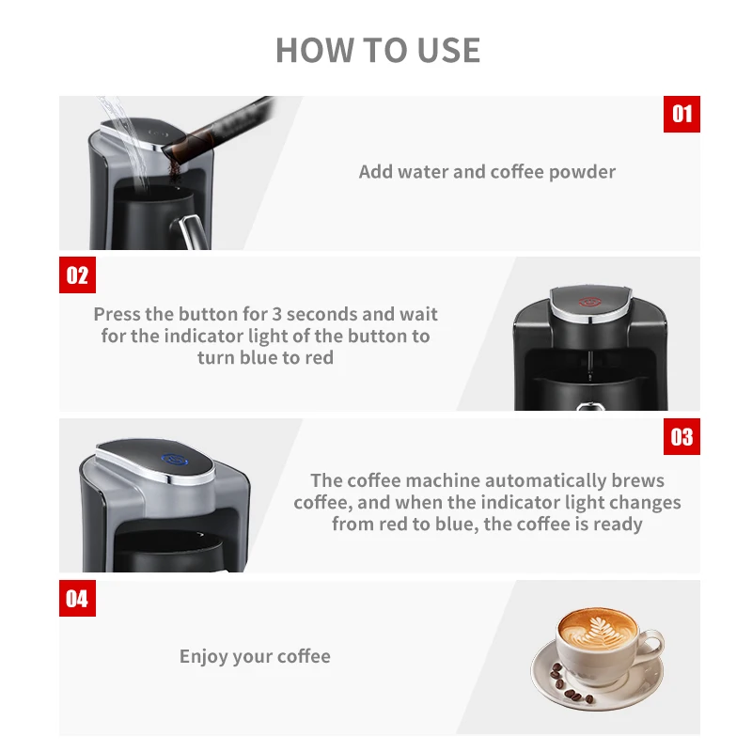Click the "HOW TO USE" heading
coord(378,50)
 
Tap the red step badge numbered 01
coord(681,114)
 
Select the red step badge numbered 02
coord(77,274)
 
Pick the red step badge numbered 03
coord(681,436)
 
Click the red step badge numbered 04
coord(77,598)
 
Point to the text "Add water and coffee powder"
coord(487,172)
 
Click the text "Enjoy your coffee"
coord(255,656)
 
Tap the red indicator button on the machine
coord(588,304)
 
